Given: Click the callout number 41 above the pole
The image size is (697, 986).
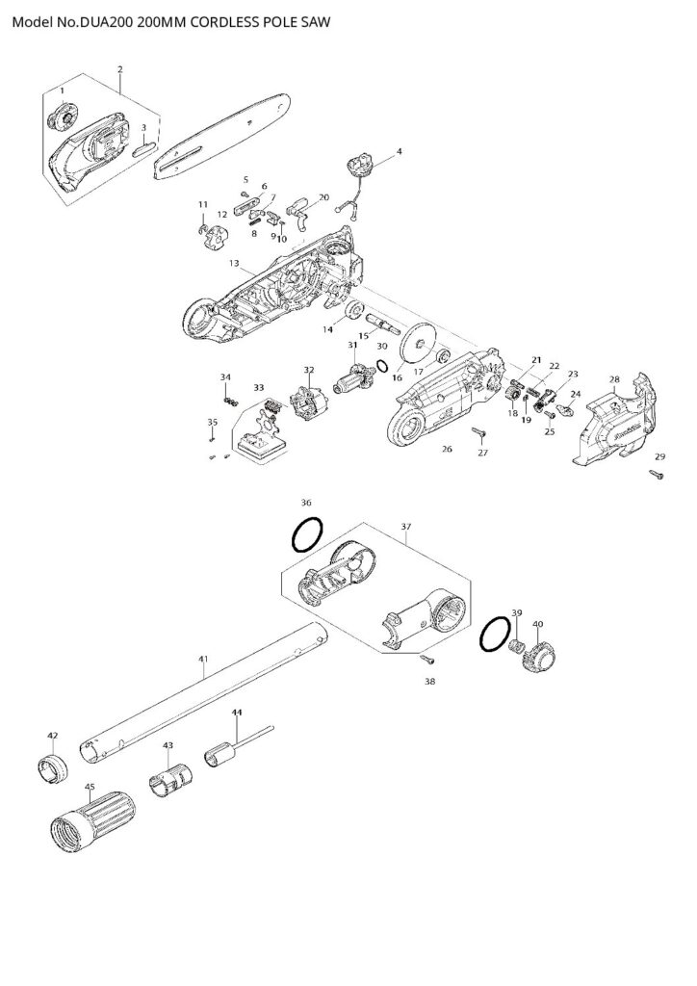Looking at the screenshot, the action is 203,659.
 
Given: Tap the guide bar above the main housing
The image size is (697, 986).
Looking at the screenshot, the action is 222,137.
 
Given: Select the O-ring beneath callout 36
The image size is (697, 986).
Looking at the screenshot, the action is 308,535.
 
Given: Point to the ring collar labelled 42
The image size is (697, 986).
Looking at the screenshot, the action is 53,767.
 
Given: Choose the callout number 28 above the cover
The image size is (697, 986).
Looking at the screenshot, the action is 614,379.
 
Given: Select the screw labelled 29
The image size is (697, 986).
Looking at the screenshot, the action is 658,475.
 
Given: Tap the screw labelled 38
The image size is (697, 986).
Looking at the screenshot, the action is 427,659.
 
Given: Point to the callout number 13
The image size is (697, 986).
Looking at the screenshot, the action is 234,263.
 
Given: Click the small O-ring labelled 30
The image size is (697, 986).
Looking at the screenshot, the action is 381,366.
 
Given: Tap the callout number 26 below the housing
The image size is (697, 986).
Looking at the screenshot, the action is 447,449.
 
